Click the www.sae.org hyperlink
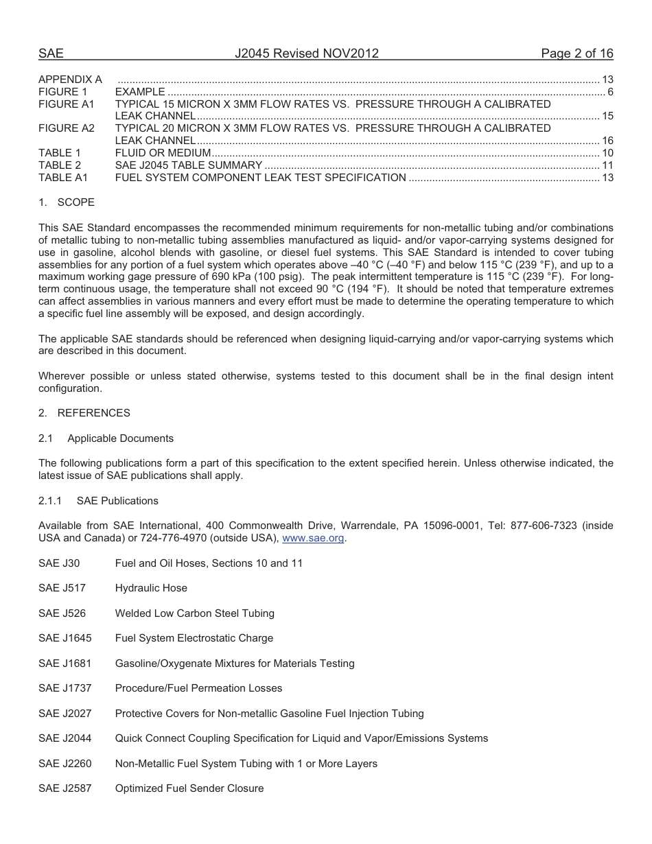(x=314, y=539)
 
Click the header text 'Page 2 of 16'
(x=577, y=54)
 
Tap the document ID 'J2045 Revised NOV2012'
(x=307, y=54)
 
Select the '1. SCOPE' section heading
(x=67, y=202)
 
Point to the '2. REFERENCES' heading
(x=84, y=413)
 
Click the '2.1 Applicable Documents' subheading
(x=106, y=438)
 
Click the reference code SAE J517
(x=59, y=588)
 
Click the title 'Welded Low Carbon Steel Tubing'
(x=194, y=613)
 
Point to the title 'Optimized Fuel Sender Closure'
(x=189, y=788)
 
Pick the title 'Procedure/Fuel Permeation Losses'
(x=198, y=688)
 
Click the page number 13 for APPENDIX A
(x=607, y=80)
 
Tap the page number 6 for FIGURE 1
(x=609, y=92)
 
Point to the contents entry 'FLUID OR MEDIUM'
(x=163, y=153)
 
